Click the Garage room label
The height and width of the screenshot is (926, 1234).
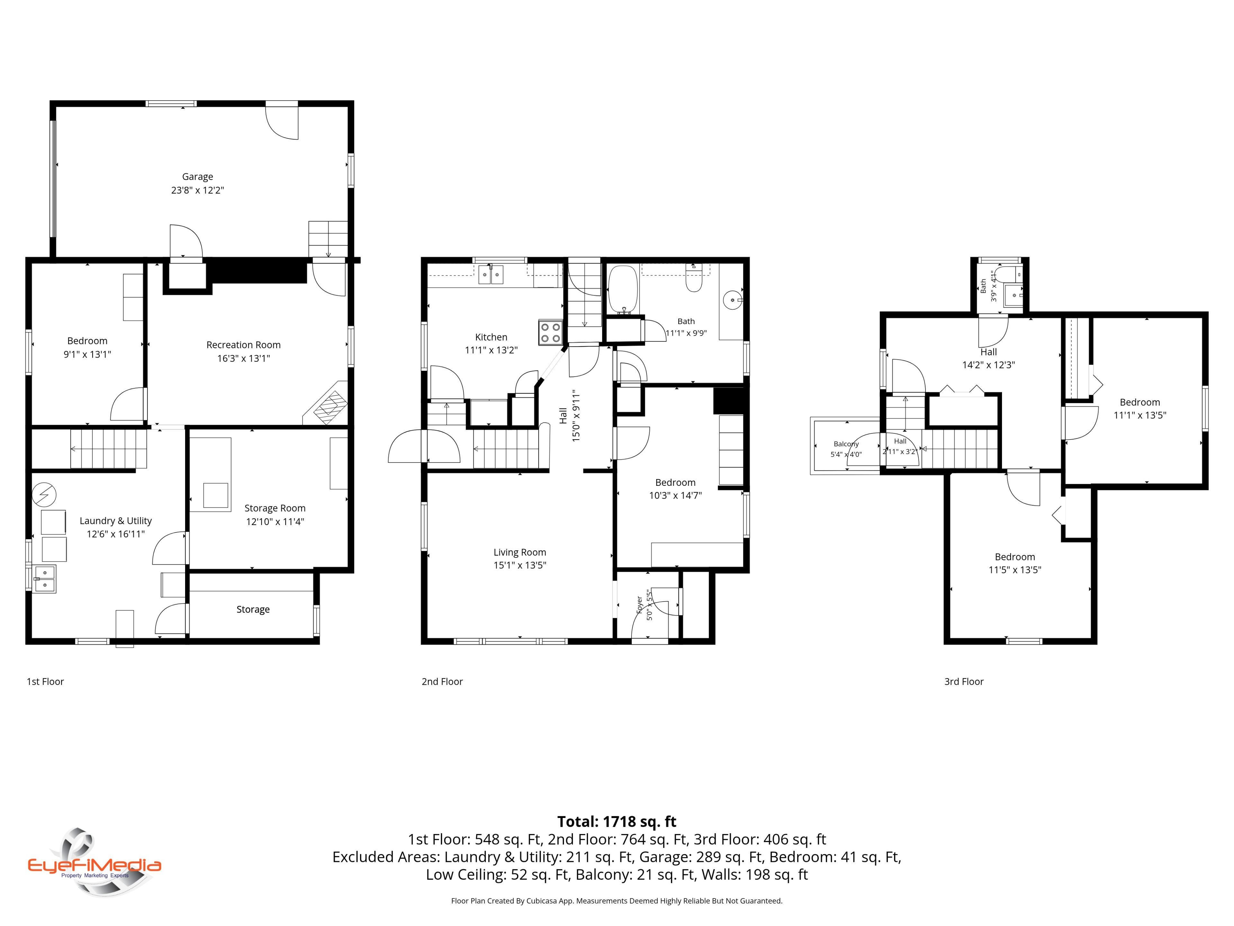click(x=198, y=177)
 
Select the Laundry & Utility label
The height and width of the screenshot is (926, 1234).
click(x=115, y=521)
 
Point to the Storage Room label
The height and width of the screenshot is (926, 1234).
click(x=275, y=508)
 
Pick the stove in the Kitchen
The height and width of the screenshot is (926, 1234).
click(x=550, y=333)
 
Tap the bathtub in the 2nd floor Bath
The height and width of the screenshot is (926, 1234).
click(x=622, y=289)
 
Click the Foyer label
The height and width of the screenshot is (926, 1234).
click(x=640, y=605)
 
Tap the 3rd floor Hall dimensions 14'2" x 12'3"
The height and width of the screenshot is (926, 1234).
click(x=988, y=365)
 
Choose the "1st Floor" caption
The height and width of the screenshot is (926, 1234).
click(x=45, y=682)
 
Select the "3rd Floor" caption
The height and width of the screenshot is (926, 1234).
click(x=964, y=682)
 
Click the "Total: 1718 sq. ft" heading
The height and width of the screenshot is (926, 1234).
click(x=617, y=822)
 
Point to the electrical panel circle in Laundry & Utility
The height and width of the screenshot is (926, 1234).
click(x=44, y=495)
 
